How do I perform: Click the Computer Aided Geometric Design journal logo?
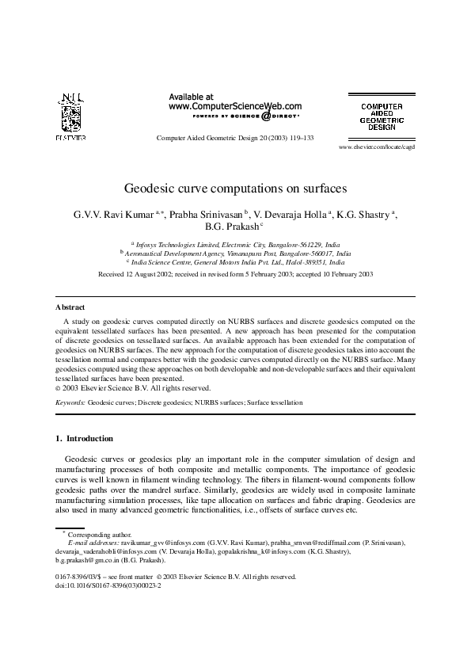tap(382, 116)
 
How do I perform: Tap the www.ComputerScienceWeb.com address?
tap(235, 105)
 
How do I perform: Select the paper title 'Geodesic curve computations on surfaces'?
tap(235, 189)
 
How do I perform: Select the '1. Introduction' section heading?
tap(84, 438)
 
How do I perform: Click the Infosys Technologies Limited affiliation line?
tap(236, 246)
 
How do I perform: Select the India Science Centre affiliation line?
tap(236, 261)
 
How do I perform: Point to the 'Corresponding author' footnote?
tap(93, 536)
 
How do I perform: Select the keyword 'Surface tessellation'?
tap(275, 403)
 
